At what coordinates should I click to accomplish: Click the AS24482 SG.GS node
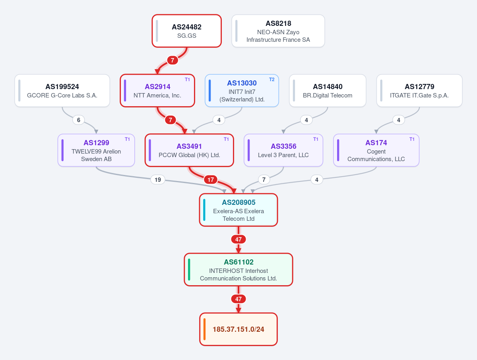tap(187, 31)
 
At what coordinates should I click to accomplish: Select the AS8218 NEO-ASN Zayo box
tap(278, 31)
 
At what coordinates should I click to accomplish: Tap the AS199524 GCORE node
tap(62, 90)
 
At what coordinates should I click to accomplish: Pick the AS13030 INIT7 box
tap(242, 90)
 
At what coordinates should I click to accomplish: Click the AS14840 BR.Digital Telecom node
tap(328, 90)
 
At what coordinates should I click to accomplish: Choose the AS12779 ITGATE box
tap(419, 90)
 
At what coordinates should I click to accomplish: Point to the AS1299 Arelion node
tap(96, 150)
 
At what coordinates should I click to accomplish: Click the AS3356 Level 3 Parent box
tap(283, 150)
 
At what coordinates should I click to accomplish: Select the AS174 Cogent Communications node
tap(376, 150)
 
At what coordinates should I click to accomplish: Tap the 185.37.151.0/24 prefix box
tap(238, 329)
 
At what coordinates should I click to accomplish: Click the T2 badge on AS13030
tap(271, 80)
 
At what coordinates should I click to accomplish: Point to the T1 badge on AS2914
tap(187, 80)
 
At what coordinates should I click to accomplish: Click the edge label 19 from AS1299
tap(158, 180)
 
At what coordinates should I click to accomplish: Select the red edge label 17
tap(211, 180)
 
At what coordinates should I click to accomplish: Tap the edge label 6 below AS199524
tap(79, 120)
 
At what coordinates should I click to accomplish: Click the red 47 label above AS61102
tap(238, 239)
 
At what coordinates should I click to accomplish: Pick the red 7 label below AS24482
tap(173, 60)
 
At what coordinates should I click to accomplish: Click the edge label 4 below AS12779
tap(399, 120)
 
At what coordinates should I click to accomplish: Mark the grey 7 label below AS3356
tap(264, 180)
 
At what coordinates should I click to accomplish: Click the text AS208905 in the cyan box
tap(238, 202)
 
